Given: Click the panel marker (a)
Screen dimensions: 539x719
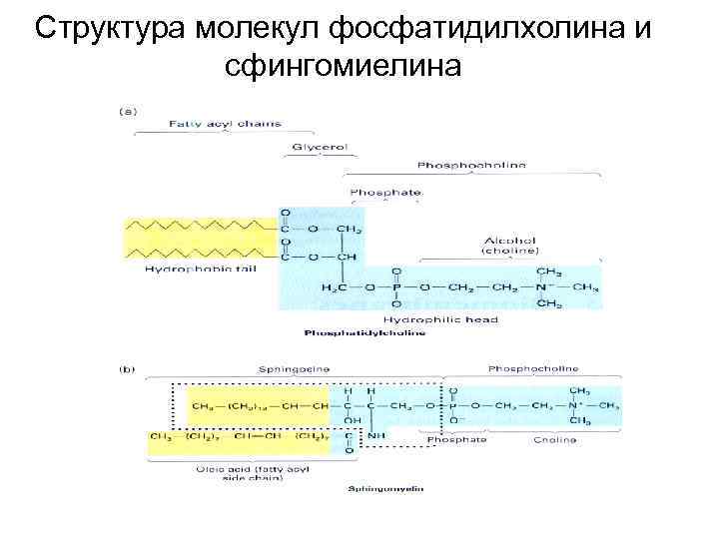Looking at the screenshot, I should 129,110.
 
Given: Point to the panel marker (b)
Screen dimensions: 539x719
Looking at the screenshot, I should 128,368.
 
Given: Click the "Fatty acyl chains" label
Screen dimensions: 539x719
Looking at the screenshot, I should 225,124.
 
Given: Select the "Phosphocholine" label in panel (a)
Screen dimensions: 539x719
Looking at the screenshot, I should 471,165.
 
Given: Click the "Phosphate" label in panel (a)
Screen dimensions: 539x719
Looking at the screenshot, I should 385,192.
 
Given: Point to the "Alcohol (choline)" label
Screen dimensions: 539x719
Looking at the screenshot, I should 510,246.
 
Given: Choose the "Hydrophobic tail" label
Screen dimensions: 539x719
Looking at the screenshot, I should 187,269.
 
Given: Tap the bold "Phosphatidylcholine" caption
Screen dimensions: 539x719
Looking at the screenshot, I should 366,332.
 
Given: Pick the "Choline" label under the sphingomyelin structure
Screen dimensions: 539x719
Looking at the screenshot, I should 553,440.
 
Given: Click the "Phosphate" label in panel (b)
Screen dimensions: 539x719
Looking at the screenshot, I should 456,440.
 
